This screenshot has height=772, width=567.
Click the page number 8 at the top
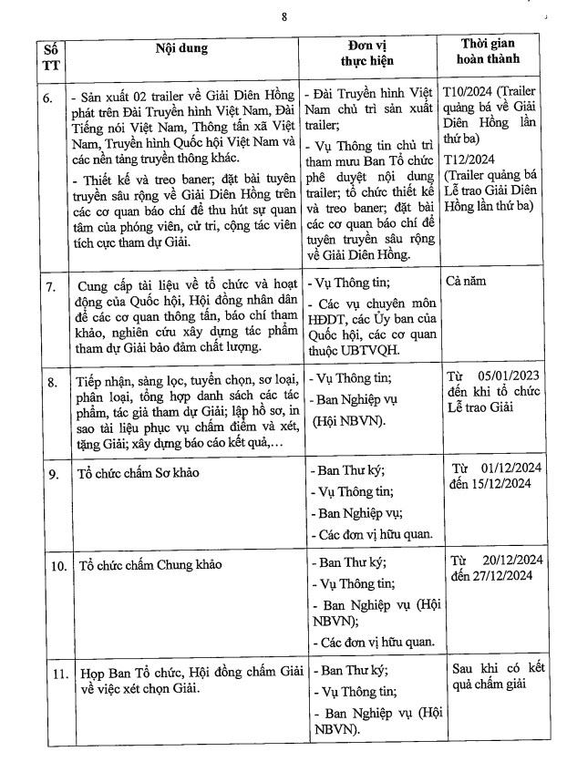pos(283,16)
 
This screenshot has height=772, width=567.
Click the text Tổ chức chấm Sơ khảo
pos(138,474)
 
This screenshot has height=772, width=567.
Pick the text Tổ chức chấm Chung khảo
pos(144,566)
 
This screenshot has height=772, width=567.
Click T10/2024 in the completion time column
pos(469,93)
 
